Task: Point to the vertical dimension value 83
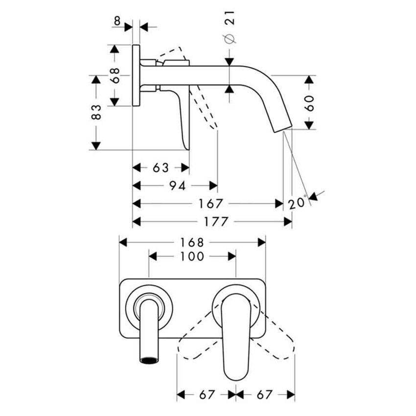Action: pyautogui.click(x=96, y=113)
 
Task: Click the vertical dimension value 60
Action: pyautogui.click(x=308, y=102)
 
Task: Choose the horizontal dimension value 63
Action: pyautogui.click(x=161, y=168)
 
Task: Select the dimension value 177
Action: pyautogui.click(x=214, y=222)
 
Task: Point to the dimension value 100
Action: pyautogui.click(x=192, y=256)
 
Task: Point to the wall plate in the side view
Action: pyautogui.click(x=136, y=76)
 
